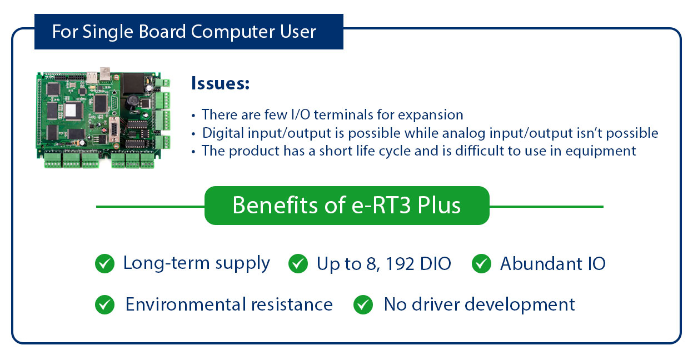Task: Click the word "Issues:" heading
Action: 220,84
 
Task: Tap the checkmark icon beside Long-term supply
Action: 104,264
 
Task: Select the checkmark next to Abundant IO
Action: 481,264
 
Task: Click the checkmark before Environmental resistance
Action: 104,304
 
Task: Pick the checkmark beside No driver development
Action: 363,304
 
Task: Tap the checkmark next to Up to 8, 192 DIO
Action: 298,264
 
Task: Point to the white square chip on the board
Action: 71,110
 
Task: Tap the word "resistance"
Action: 292,304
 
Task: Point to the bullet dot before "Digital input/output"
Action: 193,134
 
